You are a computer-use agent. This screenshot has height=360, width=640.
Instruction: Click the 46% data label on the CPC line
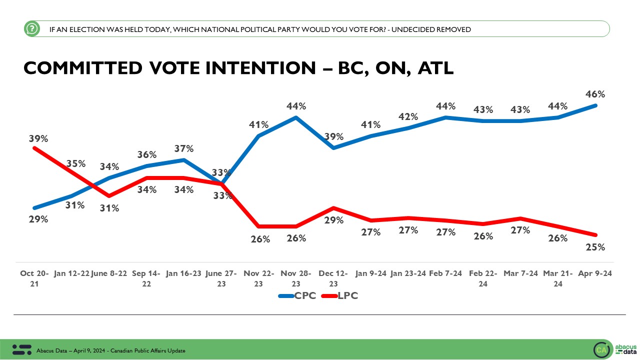pyautogui.click(x=595, y=94)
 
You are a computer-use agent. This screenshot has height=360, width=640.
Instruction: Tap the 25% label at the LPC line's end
pyautogui.click(x=595, y=247)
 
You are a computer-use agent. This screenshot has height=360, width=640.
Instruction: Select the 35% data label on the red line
pyautogui.click(x=75, y=163)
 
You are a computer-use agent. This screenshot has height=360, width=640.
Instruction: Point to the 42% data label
pyautogui.click(x=408, y=116)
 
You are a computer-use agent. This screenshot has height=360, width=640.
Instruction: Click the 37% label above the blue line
pyautogui.click(x=183, y=148)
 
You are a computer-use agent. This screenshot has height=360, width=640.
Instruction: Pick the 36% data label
pyautogui.click(x=146, y=154)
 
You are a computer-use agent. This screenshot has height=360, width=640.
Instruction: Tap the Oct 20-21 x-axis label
pyautogui.click(x=34, y=278)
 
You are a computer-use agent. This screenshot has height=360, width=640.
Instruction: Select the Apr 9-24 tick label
pyautogui.click(x=595, y=273)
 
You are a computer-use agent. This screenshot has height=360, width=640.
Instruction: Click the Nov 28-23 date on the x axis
pyautogui.click(x=296, y=278)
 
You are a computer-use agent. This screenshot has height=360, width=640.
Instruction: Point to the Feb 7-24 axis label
pyautogui.click(x=445, y=273)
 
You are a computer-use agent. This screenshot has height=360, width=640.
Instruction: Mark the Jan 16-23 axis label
pyautogui.click(x=183, y=273)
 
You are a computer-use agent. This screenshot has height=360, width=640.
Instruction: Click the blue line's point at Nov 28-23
pyautogui.click(x=296, y=117)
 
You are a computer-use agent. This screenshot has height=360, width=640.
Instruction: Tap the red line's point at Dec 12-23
pyautogui.click(x=333, y=208)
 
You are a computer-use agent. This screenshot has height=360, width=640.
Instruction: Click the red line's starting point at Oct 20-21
pyautogui.click(x=34, y=147)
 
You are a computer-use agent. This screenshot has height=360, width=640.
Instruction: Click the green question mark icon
pyautogui.click(x=31, y=29)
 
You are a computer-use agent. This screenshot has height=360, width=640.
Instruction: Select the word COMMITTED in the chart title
pyautogui.click(x=82, y=68)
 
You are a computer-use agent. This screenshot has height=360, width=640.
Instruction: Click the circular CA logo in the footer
pyautogui.click(x=601, y=350)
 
